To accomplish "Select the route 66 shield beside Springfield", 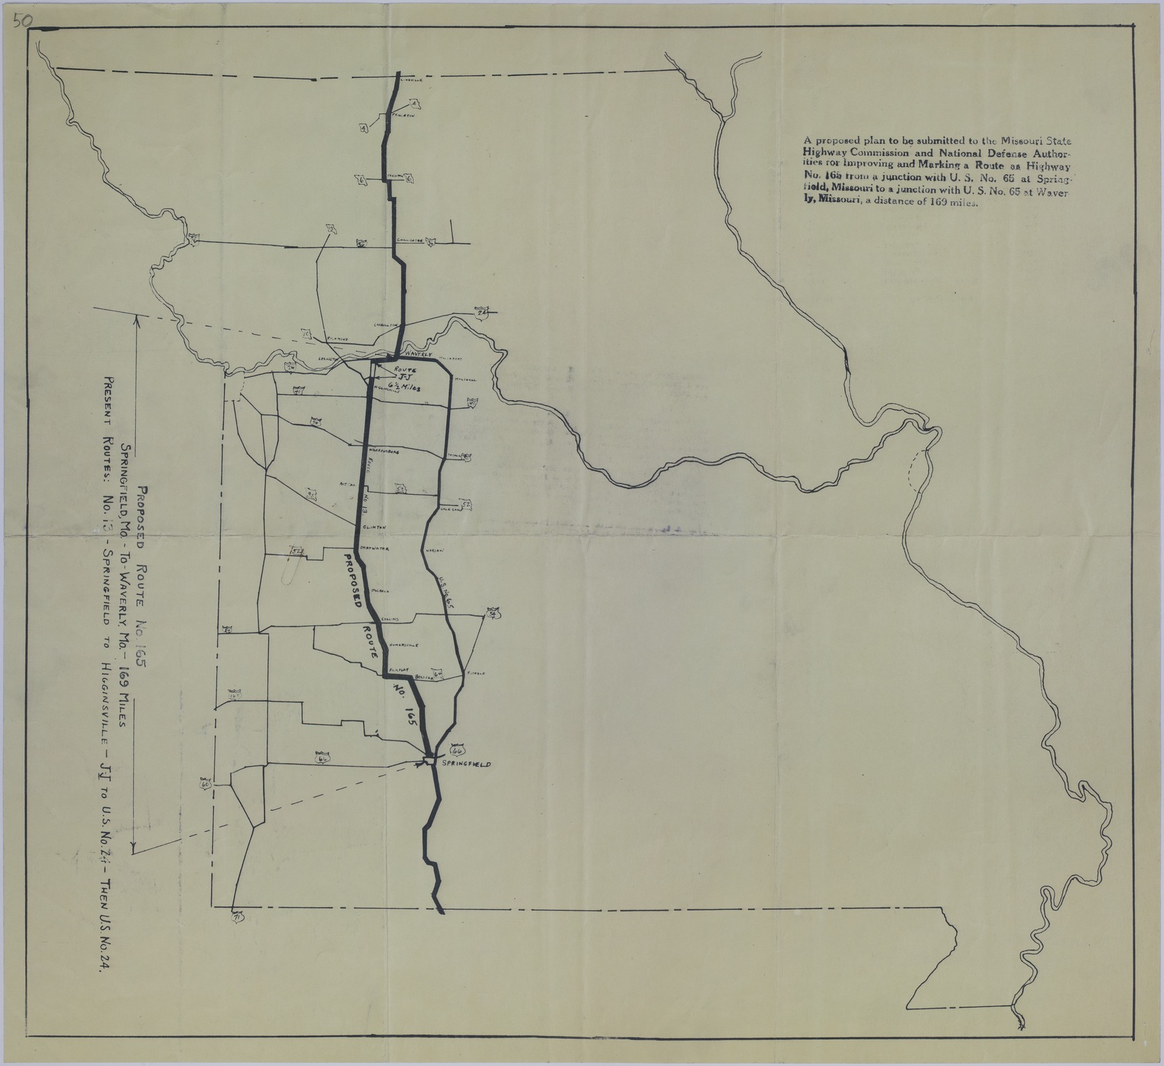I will [x=457, y=751].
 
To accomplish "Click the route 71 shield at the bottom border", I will [x=237, y=917].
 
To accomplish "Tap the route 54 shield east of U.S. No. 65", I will [x=493, y=613].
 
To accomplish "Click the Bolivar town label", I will [x=423, y=677].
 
